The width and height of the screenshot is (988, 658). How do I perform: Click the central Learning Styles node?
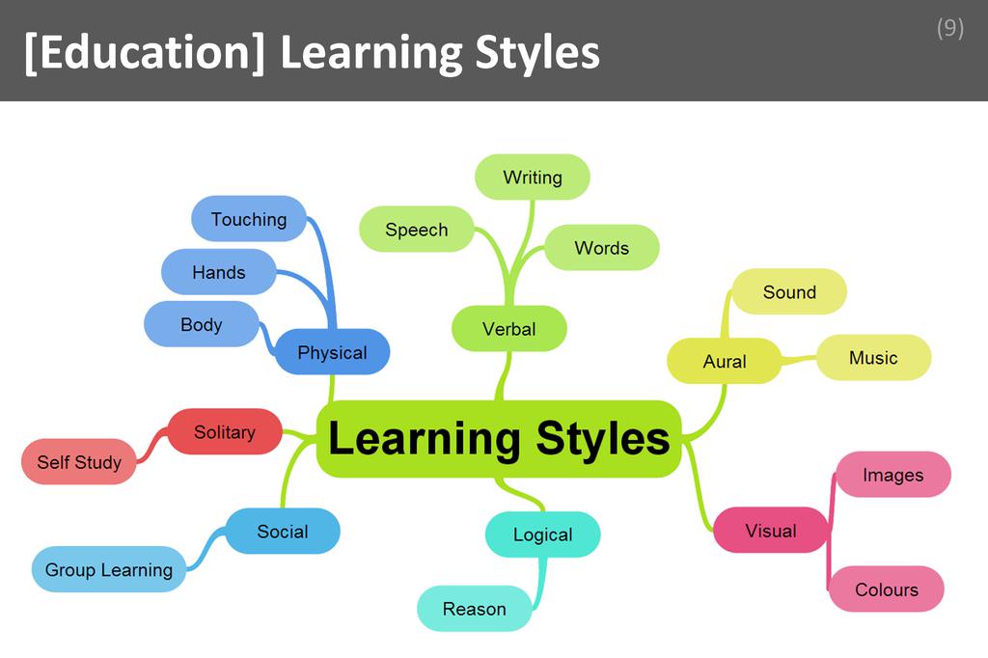coord(499,439)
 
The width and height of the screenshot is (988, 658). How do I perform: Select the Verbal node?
coord(509,328)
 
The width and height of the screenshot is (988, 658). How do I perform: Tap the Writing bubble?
coord(533,178)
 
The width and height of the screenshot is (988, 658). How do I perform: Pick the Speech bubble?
coord(417,230)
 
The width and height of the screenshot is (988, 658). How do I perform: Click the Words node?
coord(602,248)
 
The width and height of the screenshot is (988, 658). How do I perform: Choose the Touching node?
coord(249,219)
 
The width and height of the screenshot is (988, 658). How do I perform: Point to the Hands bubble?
coord(219,272)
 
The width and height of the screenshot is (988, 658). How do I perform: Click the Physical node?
coord(332,352)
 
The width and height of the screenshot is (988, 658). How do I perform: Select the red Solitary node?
coord(225,431)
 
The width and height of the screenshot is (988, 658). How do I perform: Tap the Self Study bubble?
coord(79,462)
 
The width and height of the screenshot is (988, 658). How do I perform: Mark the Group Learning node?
coord(109,569)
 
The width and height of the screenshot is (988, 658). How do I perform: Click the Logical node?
coord(542,535)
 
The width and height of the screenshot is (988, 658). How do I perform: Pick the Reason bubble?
coord(475,609)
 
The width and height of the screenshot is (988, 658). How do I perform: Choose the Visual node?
coord(771,530)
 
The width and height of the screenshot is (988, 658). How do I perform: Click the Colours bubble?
coord(887,589)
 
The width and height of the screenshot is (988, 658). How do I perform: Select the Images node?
coord(893,475)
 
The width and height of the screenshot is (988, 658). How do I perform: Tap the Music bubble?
coord(873,357)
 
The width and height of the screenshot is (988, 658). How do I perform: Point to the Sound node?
coord(789,291)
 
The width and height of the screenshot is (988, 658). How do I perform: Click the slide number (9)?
coord(949,28)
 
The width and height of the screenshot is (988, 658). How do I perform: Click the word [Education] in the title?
coord(145,52)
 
